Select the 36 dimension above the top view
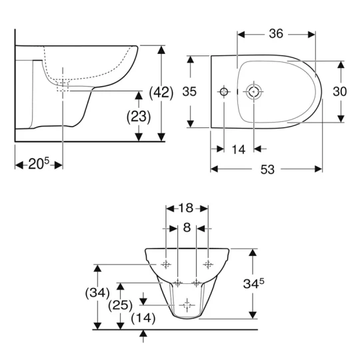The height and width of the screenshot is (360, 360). pos(277,33)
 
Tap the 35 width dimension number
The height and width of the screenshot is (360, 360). pos(190,92)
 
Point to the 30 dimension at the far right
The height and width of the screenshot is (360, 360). pos(339,92)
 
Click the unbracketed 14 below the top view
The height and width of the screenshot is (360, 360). pos(239,149)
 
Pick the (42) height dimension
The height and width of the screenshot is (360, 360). pos(161,92)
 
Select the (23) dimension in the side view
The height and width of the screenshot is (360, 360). pos(138,115)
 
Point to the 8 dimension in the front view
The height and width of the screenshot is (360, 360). pos(187,228)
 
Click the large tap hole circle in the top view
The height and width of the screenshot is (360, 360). pos(254,91)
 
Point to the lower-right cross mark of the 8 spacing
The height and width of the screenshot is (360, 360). pos(197,283)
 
